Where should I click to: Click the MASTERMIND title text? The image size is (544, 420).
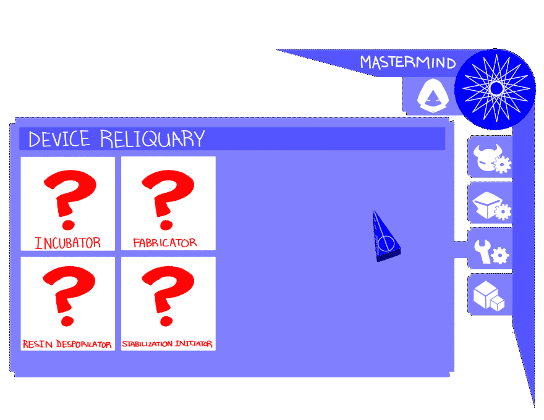[x=407, y=63]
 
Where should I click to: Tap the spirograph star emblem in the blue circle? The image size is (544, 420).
[x=495, y=89]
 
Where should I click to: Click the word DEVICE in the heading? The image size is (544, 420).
[x=59, y=139]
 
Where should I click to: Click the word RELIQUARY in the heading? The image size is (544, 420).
[x=152, y=139]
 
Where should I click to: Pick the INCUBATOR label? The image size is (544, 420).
[x=67, y=243]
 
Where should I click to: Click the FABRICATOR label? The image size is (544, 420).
[x=165, y=243]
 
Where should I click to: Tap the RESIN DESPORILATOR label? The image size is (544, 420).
[x=67, y=344]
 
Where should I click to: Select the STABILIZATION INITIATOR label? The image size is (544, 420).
[x=168, y=344]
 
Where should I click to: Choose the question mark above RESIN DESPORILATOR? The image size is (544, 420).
[x=69, y=296]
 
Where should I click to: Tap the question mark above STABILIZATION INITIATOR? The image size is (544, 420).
[x=168, y=296]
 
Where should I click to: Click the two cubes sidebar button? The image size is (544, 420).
[x=489, y=295]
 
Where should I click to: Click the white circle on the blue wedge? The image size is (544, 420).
[x=386, y=243]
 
